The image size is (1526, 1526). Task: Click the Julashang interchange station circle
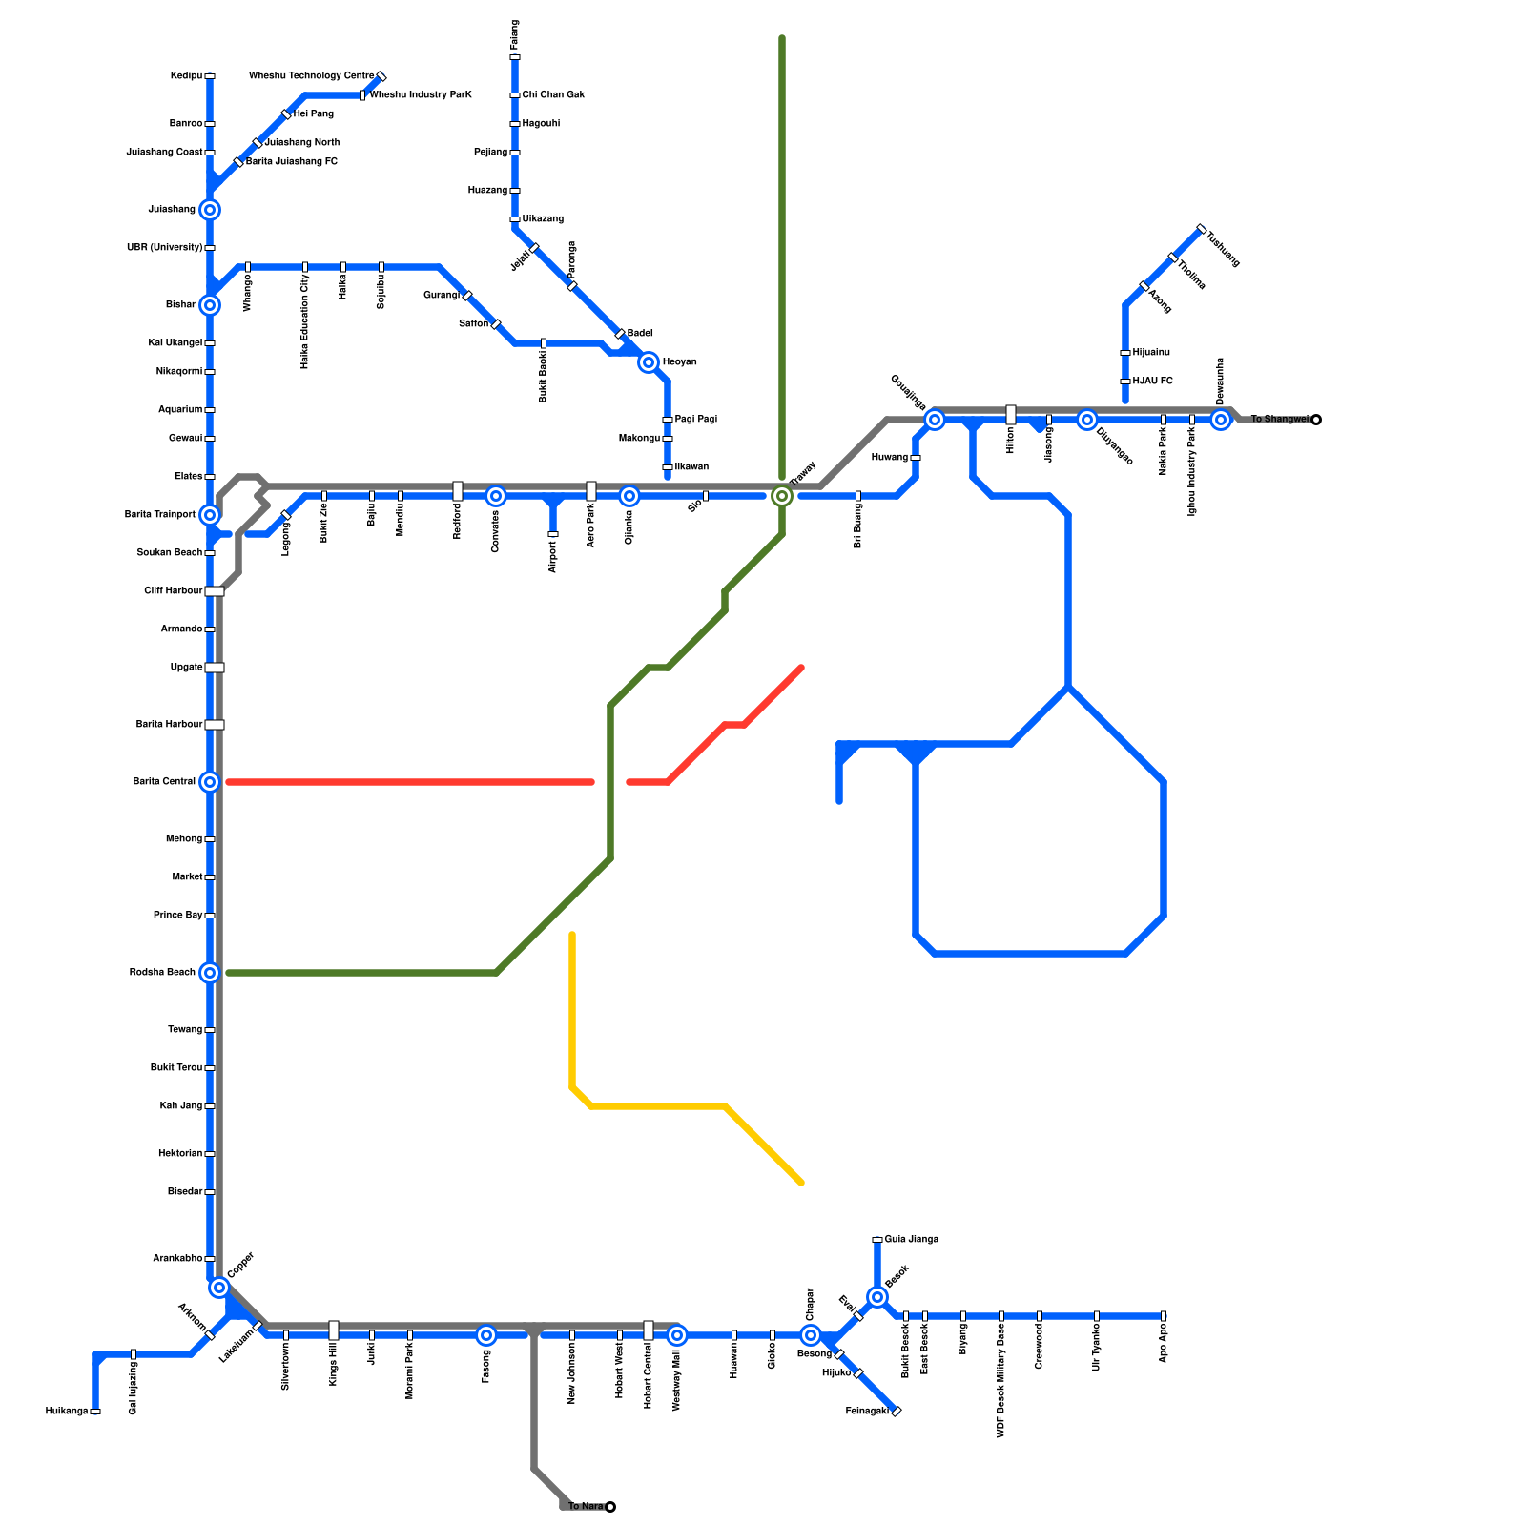(x=210, y=210)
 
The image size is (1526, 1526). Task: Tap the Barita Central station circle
(x=210, y=782)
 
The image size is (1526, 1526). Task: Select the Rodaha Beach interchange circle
(x=210, y=973)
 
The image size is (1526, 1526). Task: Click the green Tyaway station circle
(x=782, y=496)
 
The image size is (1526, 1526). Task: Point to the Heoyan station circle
(x=649, y=362)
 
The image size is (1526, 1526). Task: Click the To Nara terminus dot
(x=610, y=1507)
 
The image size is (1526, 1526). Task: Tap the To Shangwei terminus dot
(x=1316, y=420)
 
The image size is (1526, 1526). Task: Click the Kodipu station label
(x=186, y=76)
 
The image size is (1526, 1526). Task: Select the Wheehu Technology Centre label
(x=311, y=76)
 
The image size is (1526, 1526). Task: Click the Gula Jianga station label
(x=911, y=1240)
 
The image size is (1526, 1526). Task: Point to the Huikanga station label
(x=67, y=1412)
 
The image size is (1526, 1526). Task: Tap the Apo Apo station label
(x=1164, y=1343)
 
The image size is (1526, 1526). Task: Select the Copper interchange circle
(x=219, y=1288)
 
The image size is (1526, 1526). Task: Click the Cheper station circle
(x=811, y=1335)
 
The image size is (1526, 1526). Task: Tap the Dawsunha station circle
(x=1221, y=420)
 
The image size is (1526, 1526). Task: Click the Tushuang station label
(x=1223, y=249)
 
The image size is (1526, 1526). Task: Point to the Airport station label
(x=553, y=557)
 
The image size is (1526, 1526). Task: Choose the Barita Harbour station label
(x=169, y=725)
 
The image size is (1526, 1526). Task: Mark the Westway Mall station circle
(x=677, y=1335)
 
